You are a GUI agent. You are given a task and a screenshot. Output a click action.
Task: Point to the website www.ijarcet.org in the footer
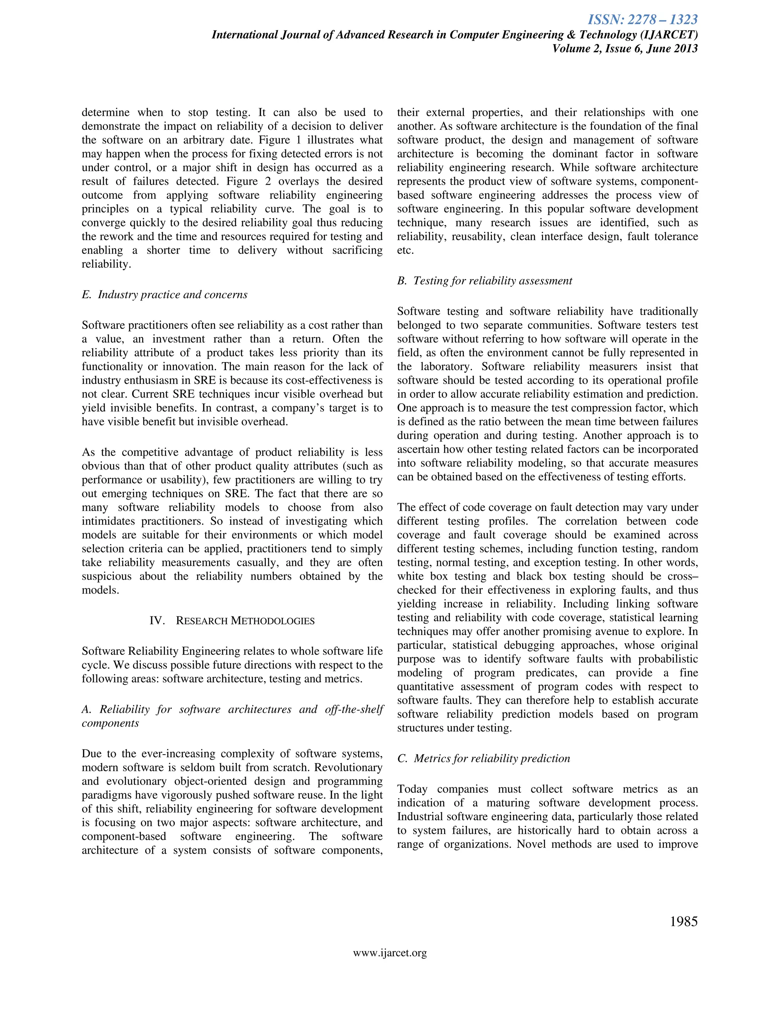390,953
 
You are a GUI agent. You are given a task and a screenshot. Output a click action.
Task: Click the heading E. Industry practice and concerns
165,295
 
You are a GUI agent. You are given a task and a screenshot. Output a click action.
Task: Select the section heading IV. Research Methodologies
232,621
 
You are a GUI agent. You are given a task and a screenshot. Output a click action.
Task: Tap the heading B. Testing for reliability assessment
485,281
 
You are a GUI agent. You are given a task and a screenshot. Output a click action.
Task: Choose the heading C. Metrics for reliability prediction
483,758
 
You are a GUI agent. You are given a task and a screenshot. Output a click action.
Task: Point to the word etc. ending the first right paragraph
405,251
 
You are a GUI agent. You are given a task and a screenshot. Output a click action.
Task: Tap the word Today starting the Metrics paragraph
412,789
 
